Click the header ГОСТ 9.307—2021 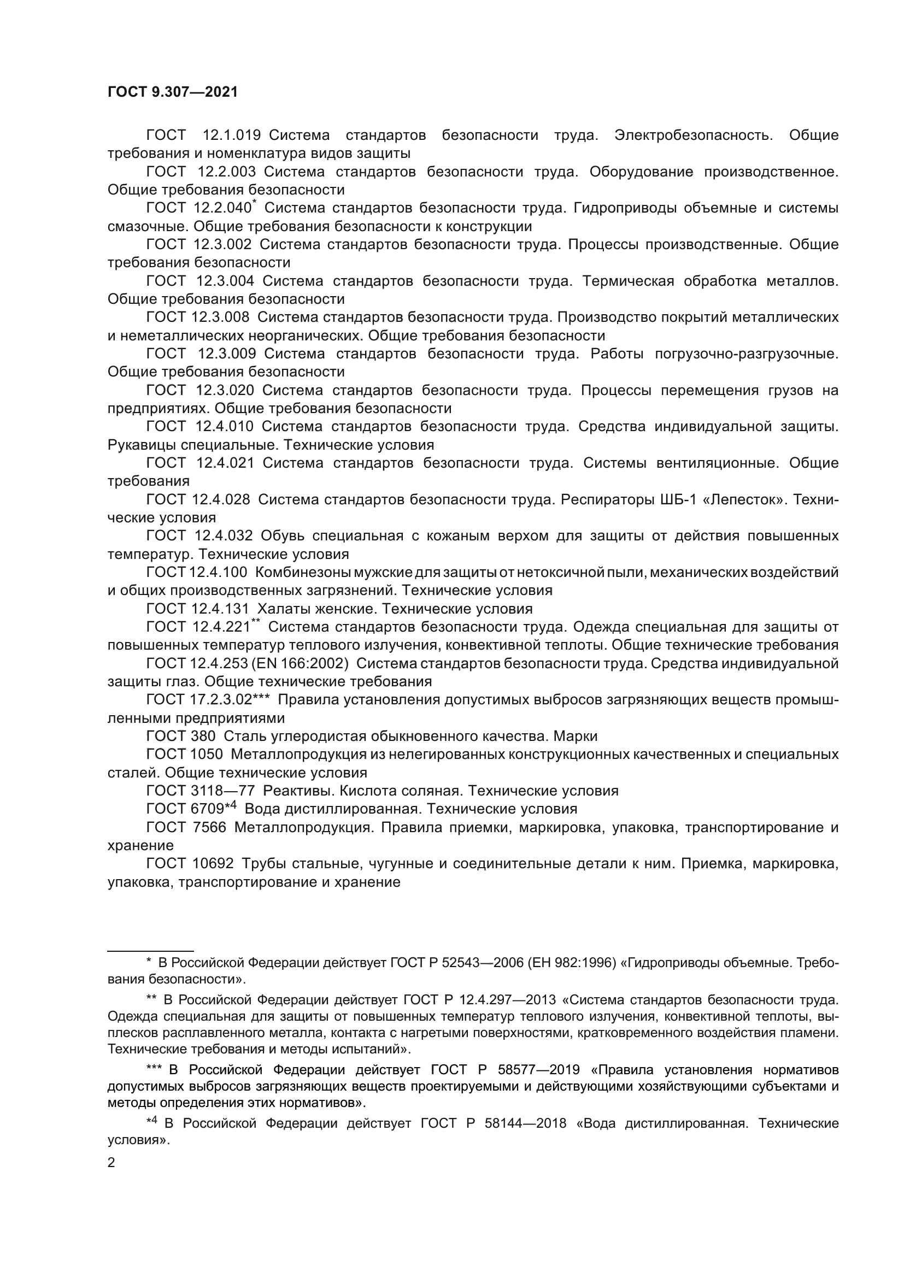(x=173, y=92)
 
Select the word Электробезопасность (x=693, y=136)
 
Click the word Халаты (x=280, y=609)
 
